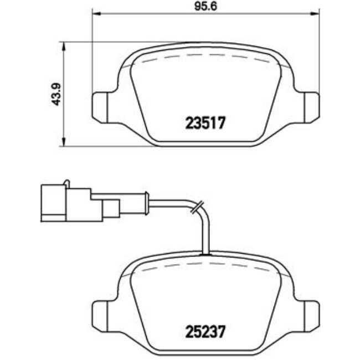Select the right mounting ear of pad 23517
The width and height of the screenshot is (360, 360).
pos(310,105)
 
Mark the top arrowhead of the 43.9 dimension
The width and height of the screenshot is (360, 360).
pos(65,45)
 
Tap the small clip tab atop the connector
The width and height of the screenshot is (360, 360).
pos(66,183)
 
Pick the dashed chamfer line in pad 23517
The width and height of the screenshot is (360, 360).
pos(205,55)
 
